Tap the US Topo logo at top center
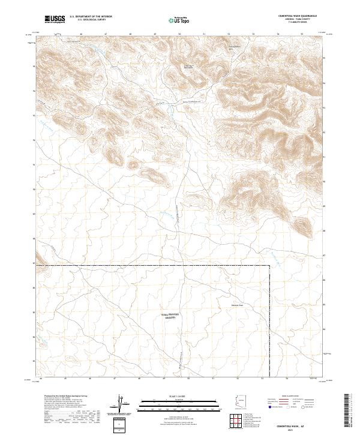(x=180, y=20)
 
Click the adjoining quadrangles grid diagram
(x=241, y=422)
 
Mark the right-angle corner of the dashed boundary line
(x=269, y=264)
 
